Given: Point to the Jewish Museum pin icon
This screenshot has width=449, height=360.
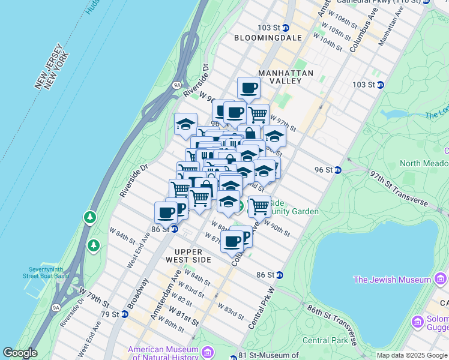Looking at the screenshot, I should pos(440,279).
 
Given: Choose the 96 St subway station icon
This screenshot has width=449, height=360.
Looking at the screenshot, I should pos(338,170).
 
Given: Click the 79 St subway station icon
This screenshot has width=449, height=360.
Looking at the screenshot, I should pos(125,314).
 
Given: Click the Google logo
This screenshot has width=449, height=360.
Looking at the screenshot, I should pos(20,353).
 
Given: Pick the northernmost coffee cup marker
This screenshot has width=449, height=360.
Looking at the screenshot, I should pos(249,89).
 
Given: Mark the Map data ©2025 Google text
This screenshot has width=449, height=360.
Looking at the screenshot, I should pos(411,355).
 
